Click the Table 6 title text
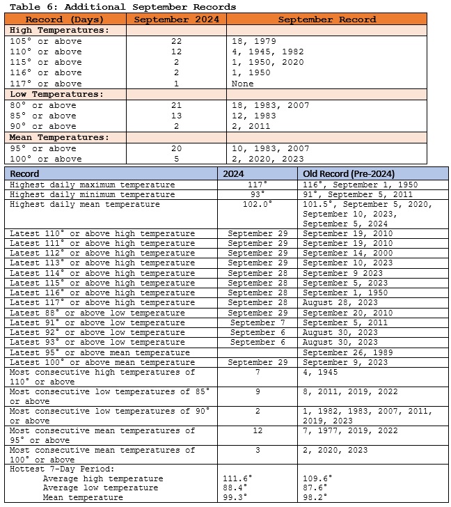pos(122,6)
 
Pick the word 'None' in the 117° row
pos(244,84)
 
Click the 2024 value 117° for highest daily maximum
pos(257,185)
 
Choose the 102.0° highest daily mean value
pos(257,205)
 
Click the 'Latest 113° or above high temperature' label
pos(102,264)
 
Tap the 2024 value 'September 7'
pos(257,323)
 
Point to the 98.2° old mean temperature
pos(317,499)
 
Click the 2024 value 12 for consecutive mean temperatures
pos(257,430)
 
